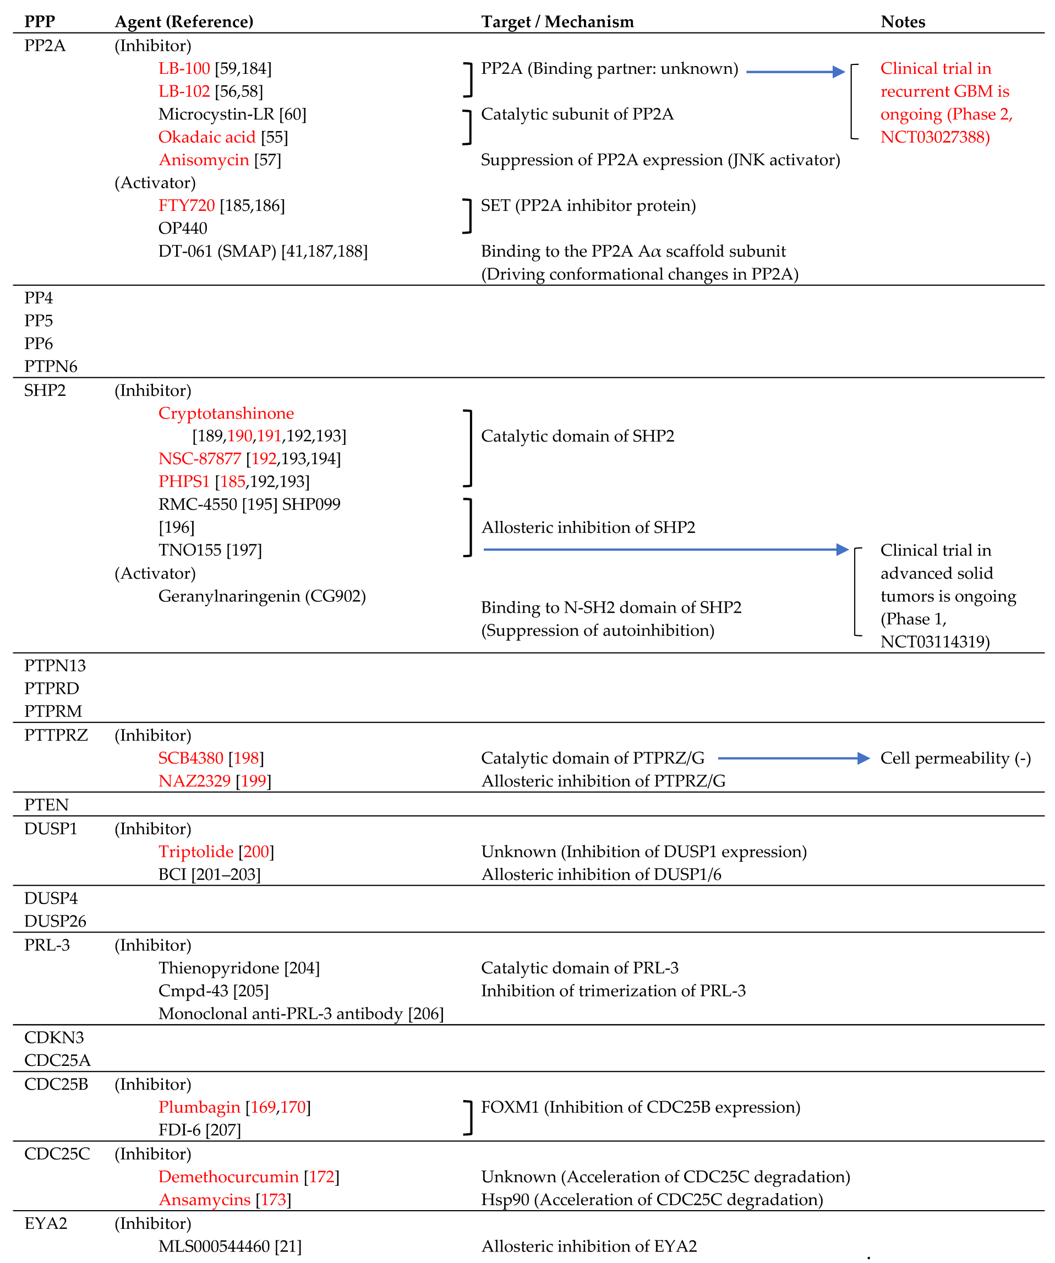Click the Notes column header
[x=903, y=21]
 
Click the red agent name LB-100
[x=184, y=69]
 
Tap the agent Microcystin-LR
[x=216, y=115]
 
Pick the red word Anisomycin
[x=203, y=160]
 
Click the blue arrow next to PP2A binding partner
[x=795, y=72]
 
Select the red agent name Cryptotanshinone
[x=226, y=413]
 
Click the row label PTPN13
[x=54, y=665]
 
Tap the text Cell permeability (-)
[x=955, y=758]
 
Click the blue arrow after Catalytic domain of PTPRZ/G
[x=794, y=758]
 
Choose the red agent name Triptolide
[x=195, y=852]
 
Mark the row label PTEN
[x=46, y=805]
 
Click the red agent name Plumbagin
[x=199, y=1107]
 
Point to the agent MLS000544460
[x=214, y=1246]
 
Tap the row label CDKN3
[x=53, y=1037]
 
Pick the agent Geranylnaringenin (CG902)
[x=261, y=596]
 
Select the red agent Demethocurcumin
[x=228, y=1177]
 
